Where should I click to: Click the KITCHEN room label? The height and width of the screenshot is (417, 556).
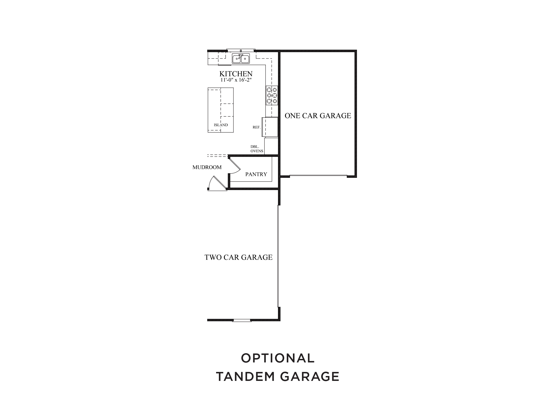[236, 74]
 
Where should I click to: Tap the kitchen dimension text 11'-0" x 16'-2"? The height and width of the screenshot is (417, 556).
[236, 80]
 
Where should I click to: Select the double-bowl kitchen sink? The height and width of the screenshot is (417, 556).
[241, 58]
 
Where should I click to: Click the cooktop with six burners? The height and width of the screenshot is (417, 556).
[272, 95]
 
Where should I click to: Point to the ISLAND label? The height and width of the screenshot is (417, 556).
[221, 125]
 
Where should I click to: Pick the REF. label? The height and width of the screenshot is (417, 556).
[257, 127]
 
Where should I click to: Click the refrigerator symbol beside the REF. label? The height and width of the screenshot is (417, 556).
[270, 127]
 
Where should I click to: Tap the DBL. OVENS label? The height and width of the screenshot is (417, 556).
[257, 149]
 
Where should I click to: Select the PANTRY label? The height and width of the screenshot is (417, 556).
[256, 174]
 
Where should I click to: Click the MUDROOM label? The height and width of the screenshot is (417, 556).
[207, 167]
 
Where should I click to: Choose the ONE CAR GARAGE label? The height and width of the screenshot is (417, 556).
[318, 116]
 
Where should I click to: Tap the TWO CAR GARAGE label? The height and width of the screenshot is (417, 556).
[238, 257]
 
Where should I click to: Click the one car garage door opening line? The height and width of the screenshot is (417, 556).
[318, 176]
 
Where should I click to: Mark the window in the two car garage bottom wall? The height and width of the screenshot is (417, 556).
[242, 321]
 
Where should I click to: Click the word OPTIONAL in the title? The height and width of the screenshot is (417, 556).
[278, 358]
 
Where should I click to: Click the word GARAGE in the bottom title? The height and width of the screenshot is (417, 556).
[310, 377]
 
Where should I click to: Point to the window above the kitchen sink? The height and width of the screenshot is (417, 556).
[241, 50]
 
